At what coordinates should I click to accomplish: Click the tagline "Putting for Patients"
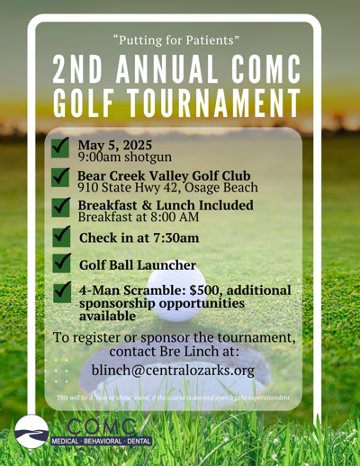pyautogui.click(x=180, y=39)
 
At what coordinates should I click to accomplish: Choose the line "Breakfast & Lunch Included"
pyautogui.click(x=166, y=205)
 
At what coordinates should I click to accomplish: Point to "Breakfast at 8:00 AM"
pyautogui.click(x=139, y=217)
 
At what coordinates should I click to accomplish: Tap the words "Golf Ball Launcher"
pyautogui.click(x=138, y=264)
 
